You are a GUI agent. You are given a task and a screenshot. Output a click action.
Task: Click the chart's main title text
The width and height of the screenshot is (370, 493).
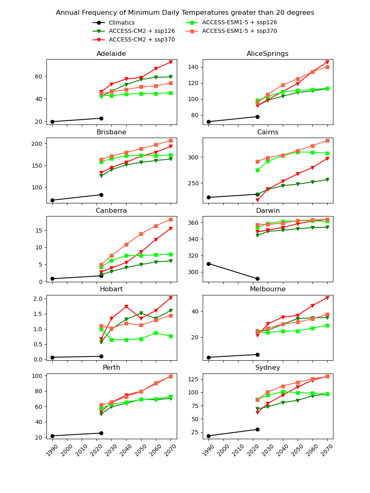coord(185,13)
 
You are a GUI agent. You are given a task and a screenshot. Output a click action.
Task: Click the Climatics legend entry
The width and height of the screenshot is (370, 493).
coord(121,23)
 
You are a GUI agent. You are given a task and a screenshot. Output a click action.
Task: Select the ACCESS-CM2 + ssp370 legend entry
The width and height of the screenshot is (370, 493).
coord(141,40)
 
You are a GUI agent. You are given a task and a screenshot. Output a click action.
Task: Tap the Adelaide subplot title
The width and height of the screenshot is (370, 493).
coord(111,54)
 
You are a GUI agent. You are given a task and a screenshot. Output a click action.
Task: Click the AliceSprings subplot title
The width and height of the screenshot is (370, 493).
coord(268,54)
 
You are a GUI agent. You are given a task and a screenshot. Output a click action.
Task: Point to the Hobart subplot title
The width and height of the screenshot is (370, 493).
coord(111,289)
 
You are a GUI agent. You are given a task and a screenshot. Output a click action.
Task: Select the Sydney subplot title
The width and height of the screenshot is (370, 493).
coord(268,368)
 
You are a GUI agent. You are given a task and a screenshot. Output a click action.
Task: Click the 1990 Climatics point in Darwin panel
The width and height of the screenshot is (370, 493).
coord(208,264)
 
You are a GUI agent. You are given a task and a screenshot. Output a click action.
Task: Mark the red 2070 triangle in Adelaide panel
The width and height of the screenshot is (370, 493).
coord(171,62)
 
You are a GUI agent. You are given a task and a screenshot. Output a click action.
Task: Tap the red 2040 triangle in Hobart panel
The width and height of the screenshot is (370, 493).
coord(126,306)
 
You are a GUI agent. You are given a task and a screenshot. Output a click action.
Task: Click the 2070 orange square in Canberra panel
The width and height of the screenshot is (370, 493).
coord(171,219)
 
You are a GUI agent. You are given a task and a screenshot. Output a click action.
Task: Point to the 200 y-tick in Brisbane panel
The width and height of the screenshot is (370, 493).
coord(38,144)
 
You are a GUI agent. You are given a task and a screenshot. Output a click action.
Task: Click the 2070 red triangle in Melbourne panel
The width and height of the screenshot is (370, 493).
coord(327,298)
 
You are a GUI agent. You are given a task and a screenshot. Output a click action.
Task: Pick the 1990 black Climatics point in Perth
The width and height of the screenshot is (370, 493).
coord(52,436)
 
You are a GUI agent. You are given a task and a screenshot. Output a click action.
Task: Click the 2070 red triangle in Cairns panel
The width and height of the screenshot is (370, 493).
coord(327,159)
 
